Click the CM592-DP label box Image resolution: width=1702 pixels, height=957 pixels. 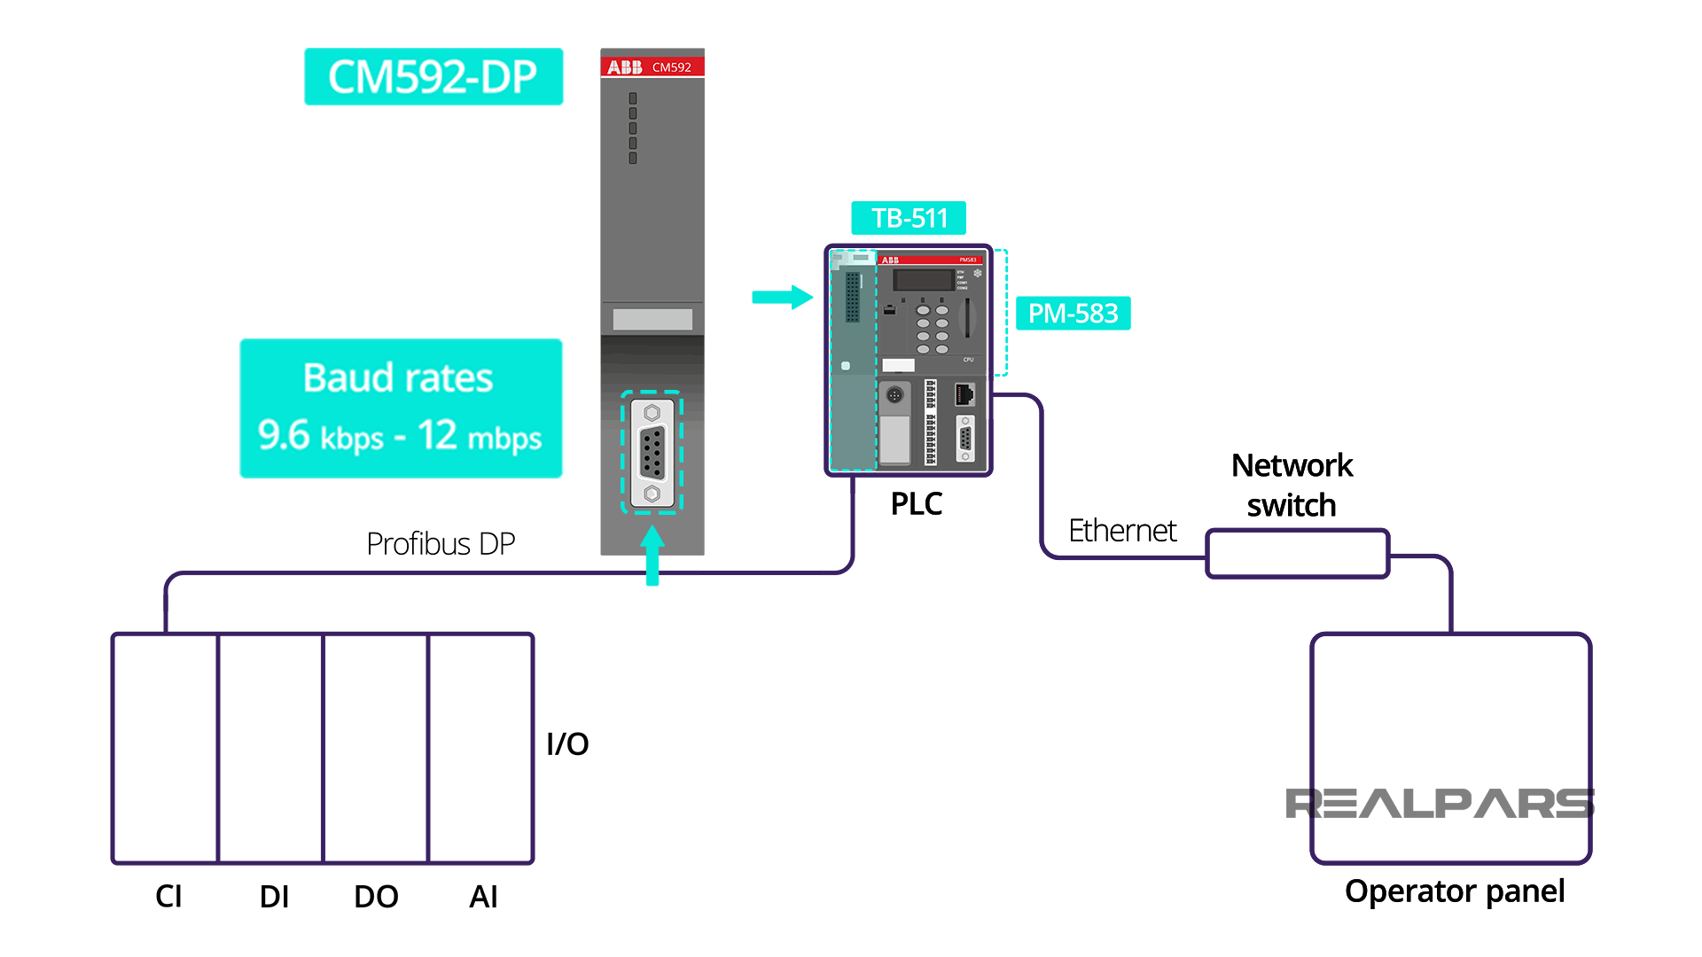(x=433, y=77)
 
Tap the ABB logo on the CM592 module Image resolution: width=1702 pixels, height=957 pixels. (x=625, y=67)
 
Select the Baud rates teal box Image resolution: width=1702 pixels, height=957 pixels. (x=401, y=408)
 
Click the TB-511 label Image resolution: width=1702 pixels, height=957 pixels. (x=909, y=218)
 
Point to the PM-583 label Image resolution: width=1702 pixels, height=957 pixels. (x=1073, y=313)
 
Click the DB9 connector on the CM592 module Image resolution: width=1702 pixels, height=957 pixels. (x=652, y=452)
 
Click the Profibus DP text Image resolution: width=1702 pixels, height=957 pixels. (x=441, y=543)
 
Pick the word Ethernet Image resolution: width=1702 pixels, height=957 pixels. (x=1122, y=530)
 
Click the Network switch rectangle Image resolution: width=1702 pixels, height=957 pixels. (x=1297, y=554)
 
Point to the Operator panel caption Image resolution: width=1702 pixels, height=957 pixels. (x=1454, y=891)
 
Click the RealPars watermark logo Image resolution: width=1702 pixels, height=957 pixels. (x=1439, y=804)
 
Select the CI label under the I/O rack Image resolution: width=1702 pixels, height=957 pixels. (x=168, y=897)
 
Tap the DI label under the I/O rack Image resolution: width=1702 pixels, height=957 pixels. (x=274, y=897)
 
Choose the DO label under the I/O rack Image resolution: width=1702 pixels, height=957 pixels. (x=376, y=897)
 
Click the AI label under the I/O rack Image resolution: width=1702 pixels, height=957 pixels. (x=483, y=897)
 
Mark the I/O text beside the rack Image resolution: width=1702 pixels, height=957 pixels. (x=567, y=743)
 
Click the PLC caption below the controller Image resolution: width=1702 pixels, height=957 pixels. (x=916, y=503)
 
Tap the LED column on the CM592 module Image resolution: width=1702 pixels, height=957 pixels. (x=633, y=128)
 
